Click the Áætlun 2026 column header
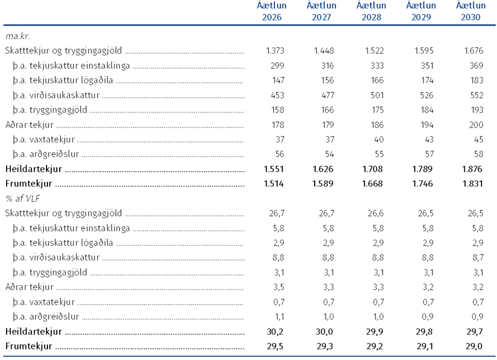coord(272,11)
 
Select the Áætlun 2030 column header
coord(470,11)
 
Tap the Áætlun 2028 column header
coord(372,11)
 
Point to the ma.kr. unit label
coord(18,36)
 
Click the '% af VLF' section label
coord(23,199)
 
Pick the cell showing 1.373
coord(275,51)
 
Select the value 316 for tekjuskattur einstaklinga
coord(327,66)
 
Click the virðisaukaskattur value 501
coord(377,95)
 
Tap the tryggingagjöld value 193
coord(477,110)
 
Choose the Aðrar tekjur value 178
coord(278,125)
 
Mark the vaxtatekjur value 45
coord(479,140)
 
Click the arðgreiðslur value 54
coord(329,155)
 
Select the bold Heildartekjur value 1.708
coord(373,169)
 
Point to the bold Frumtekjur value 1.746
coord(422,184)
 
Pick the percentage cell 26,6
coord(376,213)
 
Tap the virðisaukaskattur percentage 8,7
coord(478,258)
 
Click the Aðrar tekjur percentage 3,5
coord(279,287)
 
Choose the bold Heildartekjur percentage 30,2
coord(275,331)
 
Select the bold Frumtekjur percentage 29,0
coord(474,346)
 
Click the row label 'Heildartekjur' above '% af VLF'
coord(34,169)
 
